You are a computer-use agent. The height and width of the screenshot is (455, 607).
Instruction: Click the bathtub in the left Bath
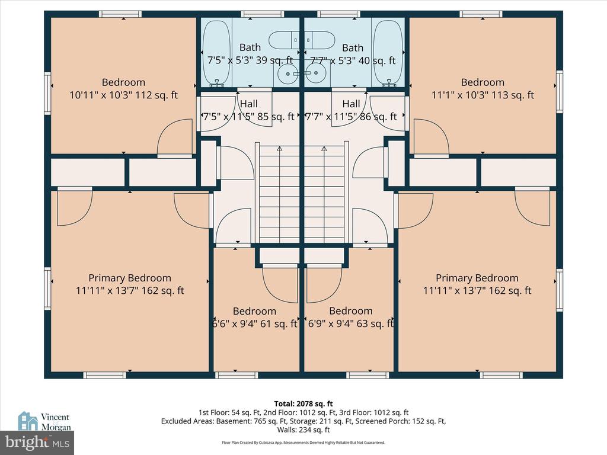tap(216, 53)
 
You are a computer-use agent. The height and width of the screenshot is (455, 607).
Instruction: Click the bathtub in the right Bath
tap(389, 53)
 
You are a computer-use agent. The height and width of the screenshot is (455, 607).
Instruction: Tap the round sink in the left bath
tap(287, 73)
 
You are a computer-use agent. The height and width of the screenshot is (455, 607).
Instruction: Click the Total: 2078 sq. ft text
tap(303, 404)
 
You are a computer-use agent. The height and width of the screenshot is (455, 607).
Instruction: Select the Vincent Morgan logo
tap(44, 421)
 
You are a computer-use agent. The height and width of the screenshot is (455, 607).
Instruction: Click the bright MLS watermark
tap(37, 443)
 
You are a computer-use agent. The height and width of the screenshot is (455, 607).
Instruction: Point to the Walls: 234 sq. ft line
tap(303, 430)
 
